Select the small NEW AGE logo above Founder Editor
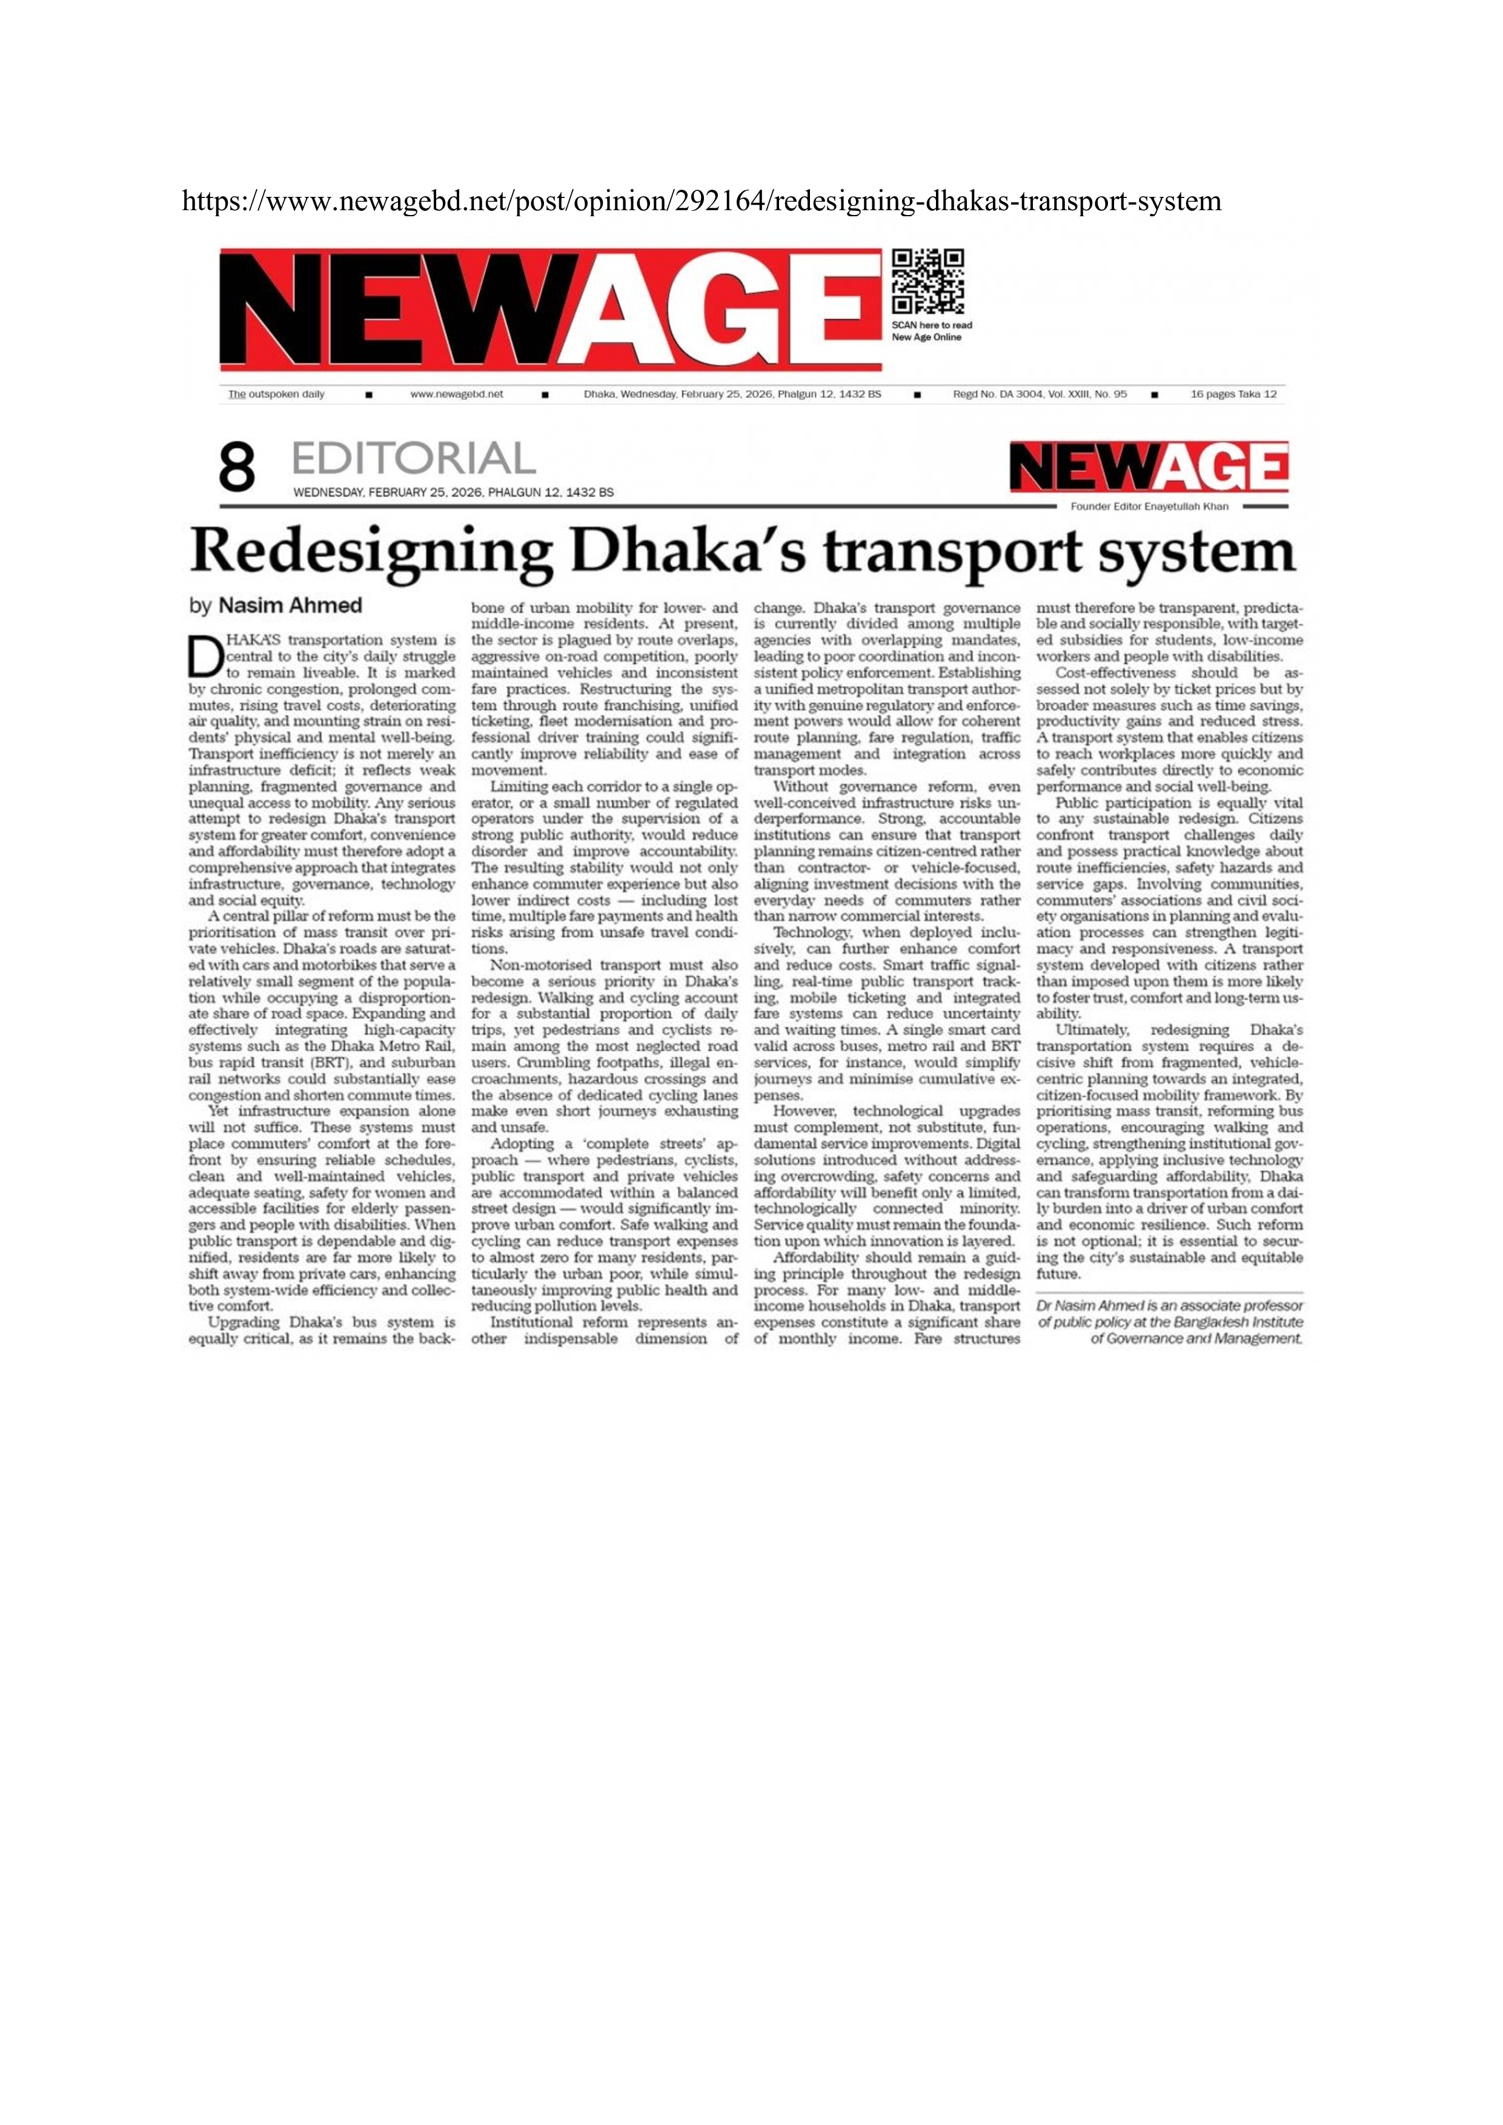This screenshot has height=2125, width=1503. (x=1149, y=468)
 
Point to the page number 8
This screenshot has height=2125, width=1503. (x=237, y=468)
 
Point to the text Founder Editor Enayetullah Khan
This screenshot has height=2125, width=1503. (x=1149, y=507)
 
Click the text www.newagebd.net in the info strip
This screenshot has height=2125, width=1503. (x=456, y=394)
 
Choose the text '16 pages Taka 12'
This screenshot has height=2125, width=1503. (x=1233, y=394)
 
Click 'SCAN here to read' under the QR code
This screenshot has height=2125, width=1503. (x=932, y=326)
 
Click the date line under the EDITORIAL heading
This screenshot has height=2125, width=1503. (x=454, y=492)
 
